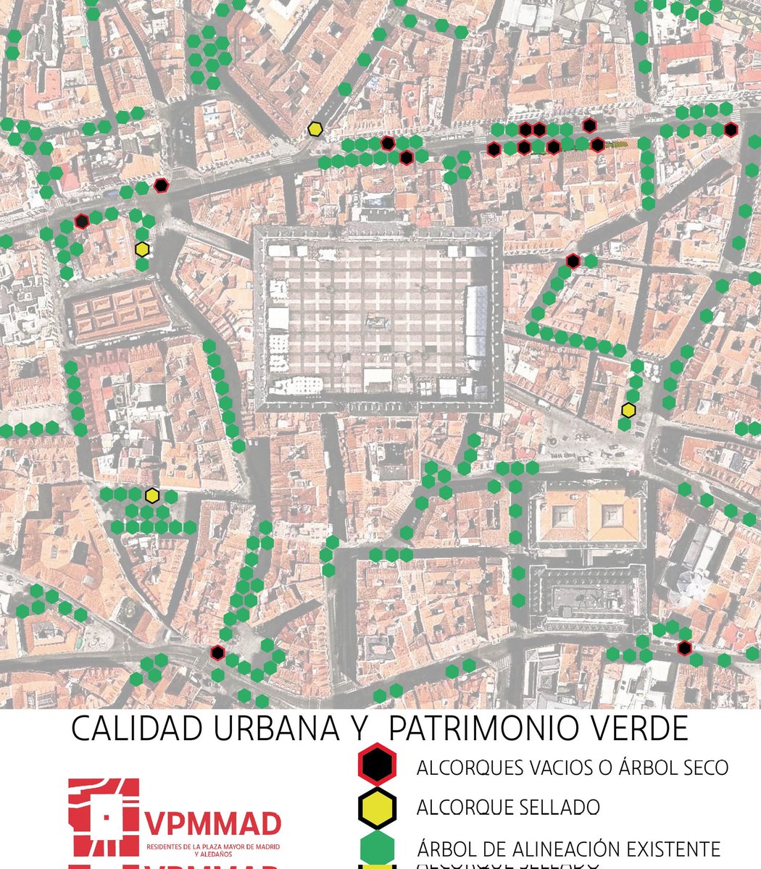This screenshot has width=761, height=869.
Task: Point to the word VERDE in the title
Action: click(x=641, y=729)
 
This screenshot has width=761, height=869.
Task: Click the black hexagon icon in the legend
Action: click(x=375, y=765)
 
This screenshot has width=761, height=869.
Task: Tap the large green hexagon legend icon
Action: click(x=375, y=848)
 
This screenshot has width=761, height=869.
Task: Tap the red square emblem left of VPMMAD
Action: click(x=103, y=816)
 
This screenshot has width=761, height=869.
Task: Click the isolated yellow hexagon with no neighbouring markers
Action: click(x=315, y=129)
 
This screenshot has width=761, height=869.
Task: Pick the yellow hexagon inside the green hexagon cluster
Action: click(x=151, y=495)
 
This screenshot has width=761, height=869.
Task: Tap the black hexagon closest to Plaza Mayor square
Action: click(x=573, y=261)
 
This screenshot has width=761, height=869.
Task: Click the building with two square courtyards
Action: click(x=587, y=515)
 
